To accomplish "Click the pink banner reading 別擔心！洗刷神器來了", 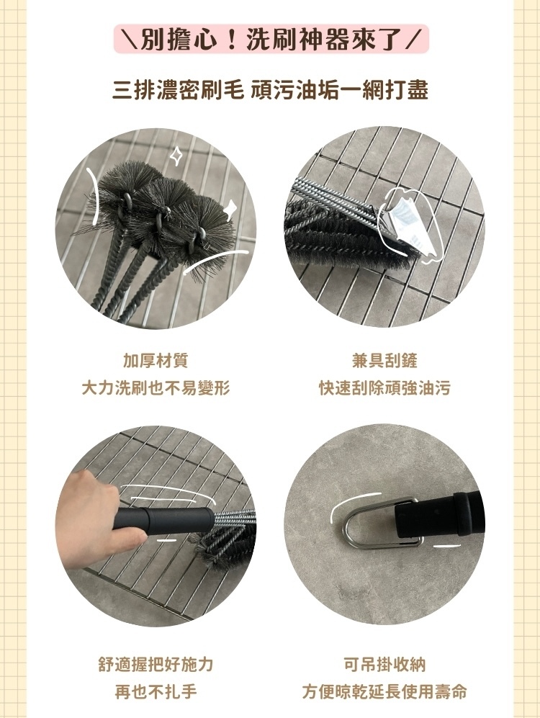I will click(x=271, y=40).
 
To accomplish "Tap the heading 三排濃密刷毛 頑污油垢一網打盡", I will click(x=271, y=90).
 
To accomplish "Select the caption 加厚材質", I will click(x=156, y=360).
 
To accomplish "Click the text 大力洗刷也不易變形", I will click(x=156, y=388).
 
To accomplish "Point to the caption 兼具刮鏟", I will click(x=384, y=360).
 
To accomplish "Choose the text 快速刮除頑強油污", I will click(x=384, y=388).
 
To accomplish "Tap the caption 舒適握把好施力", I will click(x=156, y=664).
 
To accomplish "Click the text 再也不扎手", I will click(x=156, y=692).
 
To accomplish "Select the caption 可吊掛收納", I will click(x=384, y=664).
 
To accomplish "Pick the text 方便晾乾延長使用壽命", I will click(x=384, y=692).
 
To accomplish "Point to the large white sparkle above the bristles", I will click(x=176, y=155).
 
